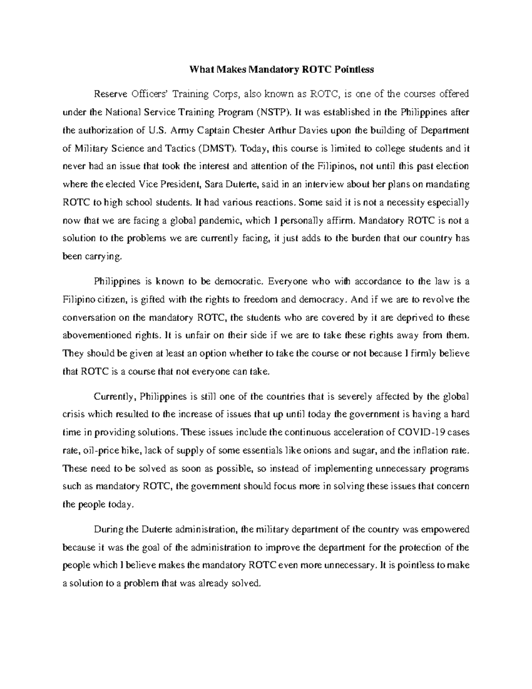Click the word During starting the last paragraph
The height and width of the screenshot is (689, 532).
[110, 529]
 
